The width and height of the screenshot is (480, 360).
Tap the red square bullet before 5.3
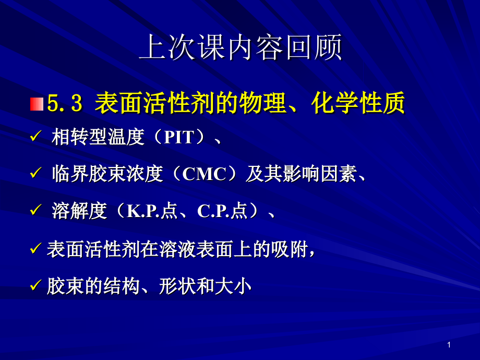pyautogui.click(x=36, y=104)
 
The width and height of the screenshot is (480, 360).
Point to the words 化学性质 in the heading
pyautogui.click(x=358, y=104)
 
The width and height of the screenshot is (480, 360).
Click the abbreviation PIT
pyautogui.click(x=179, y=138)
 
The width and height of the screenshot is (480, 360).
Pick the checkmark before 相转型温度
pyautogui.click(x=35, y=137)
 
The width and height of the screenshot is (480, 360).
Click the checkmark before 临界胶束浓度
pyautogui.click(x=35, y=174)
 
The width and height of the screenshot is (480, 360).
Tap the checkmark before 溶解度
pyautogui.click(x=35, y=211)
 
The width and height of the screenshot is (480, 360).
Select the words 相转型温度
pyautogui.click(x=98, y=138)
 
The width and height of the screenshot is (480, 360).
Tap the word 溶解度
pyautogui.click(x=79, y=211)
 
